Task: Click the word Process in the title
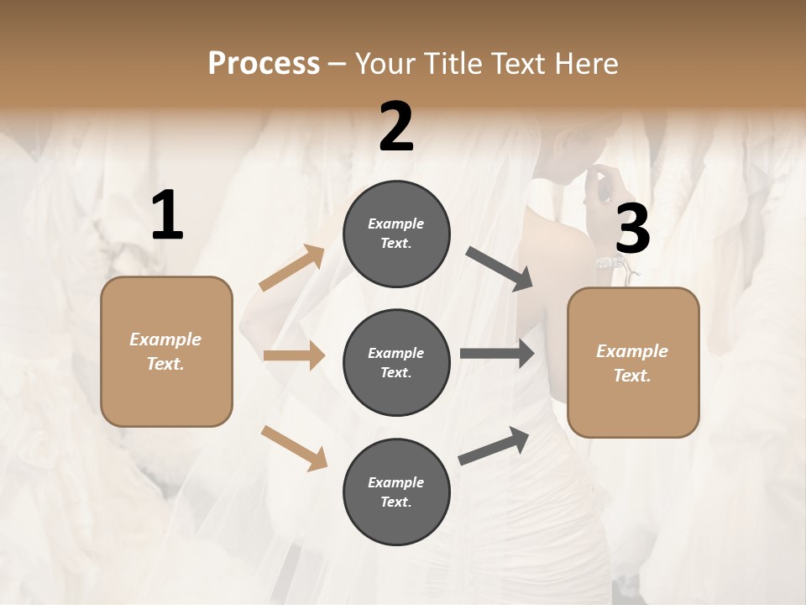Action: tap(264, 63)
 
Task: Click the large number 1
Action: tap(167, 216)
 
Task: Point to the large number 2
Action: tap(396, 127)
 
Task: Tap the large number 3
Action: tap(632, 229)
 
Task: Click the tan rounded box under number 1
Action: tap(166, 351)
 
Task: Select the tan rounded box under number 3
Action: tap(633, 362)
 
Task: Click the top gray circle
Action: tap(396, 234)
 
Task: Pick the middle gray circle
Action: tap(396, 362)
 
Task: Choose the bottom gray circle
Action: tap(396, 492)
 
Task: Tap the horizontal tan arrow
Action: tap(294, 355)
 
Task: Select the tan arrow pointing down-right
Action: tap(294, 448)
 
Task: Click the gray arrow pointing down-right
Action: tap(500, 269)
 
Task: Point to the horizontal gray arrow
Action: tap(497, 354)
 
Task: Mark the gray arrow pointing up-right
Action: tap(494, 445)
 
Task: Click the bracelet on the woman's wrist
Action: tap(612, 264)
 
